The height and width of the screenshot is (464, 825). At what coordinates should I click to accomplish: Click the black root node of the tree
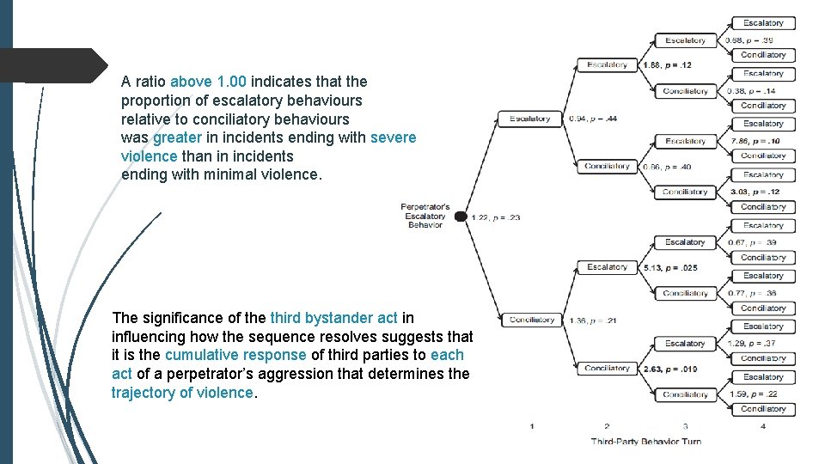pyautogui.click(x=461, y=217)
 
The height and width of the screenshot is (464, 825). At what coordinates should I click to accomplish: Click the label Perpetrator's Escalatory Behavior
pyautogui.click(x=425, y=216)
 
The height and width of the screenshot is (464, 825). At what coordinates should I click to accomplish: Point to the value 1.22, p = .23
pyautogui.click(x=496, y=217)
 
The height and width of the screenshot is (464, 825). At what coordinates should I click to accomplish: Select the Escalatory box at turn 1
pyautogui.click(x=530, y=119)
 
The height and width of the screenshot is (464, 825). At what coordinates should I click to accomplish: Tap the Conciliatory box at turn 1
pyautogui.click(x=531, y=320)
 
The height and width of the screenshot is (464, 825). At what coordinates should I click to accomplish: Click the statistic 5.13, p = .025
pyautogui.click(x=670, y=267)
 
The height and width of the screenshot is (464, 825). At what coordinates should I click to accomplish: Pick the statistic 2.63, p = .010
pyautogui.click(x=670, y=369)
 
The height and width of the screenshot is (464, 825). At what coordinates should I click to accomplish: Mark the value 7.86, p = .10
pyautogui.click(x=755, y=141)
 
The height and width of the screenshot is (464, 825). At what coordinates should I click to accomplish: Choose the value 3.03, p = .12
pyautogui.click(x=755, y=192)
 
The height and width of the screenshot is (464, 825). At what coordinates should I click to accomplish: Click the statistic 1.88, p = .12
pyautogui.click(x=667, y=65)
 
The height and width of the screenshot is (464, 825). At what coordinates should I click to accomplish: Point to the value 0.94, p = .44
pyautogui.click(x=593, y=119)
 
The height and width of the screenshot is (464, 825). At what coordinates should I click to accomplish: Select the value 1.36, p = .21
pyautogui.click(x=593, y=321)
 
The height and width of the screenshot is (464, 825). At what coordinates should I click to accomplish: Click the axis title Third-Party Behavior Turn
pyautogui.click(x=645, y=442)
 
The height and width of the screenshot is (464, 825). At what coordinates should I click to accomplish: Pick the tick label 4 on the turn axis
pyautogui.click(x=763, y=426)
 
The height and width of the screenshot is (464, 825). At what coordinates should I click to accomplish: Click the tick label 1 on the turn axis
pyautogui.click(x=532, y=426)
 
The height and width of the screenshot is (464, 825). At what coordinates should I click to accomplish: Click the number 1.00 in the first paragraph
pyautogui.click(x=231, y=82)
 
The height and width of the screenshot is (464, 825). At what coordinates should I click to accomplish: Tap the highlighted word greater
pyautogui.click(x=178, y=137)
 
